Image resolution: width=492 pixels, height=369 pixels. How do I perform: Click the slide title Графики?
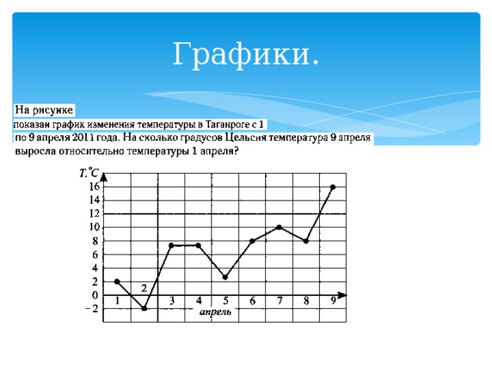(x=246, y=55)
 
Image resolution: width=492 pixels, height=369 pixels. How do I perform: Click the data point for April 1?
(x=117, y=281)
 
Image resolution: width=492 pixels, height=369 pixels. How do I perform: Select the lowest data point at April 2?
(x=144, y=308)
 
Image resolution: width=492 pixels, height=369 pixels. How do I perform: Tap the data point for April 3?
(x=171, y=245)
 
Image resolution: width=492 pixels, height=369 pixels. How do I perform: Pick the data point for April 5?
(x=225, y=277)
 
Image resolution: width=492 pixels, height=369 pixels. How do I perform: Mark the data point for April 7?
(x=279, y=227)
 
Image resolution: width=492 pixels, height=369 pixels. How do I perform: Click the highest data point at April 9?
(x=333, y=187)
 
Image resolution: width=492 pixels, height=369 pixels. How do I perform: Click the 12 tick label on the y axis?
(x=94, y=214)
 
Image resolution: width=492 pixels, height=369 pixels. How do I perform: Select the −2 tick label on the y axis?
(x=91, y=309)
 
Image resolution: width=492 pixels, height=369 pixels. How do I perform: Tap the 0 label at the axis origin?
(x=95, y=295)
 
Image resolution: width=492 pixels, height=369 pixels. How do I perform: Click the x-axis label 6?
(x=252, y=301)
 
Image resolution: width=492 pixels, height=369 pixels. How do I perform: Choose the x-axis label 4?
(x=198, y=301)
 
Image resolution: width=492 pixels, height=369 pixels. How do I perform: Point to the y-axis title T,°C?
(x=88, y=174)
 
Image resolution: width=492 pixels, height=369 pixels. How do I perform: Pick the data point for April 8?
(x=306, y=241)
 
